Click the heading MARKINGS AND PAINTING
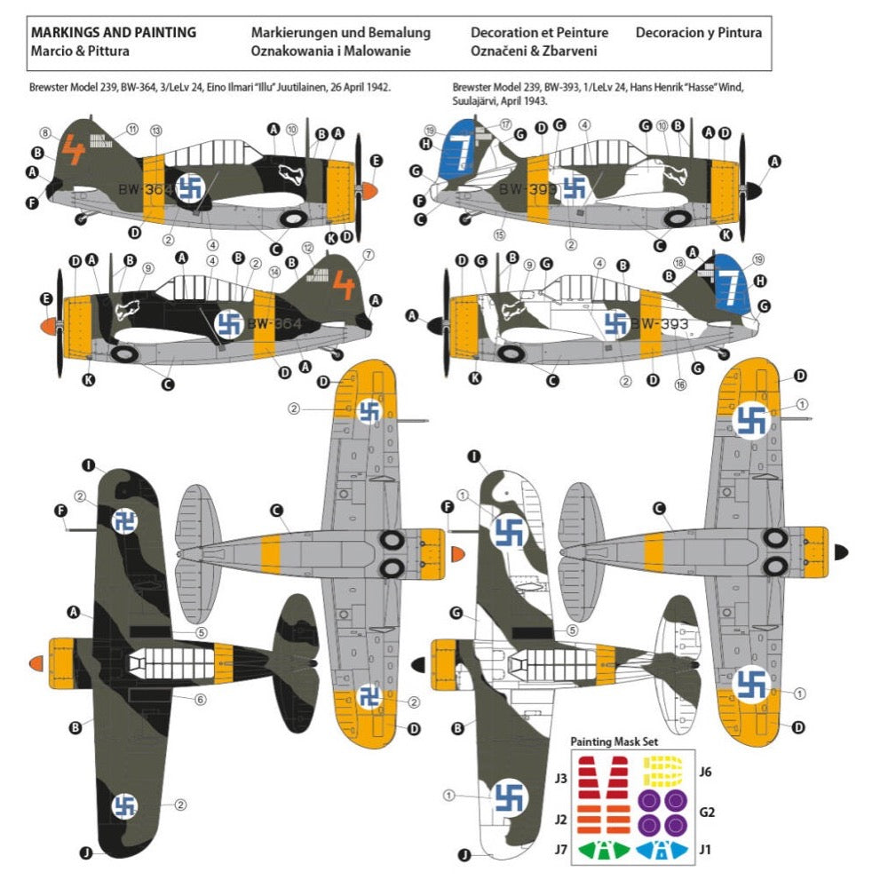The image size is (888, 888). click(114, 33)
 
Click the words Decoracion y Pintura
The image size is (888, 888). click(698, 33)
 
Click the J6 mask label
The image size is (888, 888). click(705, 772)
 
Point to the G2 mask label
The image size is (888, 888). click(706, 811)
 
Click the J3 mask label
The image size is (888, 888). click(560, 779)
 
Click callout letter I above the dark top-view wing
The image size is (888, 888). click(89, 464)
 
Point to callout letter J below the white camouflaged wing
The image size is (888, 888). click(464, 856)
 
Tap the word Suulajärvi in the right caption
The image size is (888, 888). click(480, 101)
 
